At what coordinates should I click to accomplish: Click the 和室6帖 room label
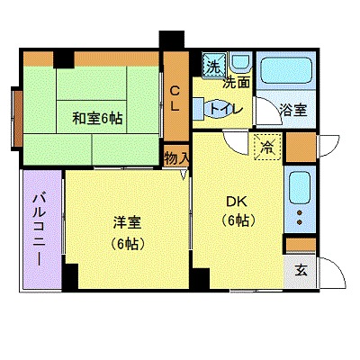click(x=98, y=116)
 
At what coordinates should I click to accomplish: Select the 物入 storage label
click(x=176, y=157)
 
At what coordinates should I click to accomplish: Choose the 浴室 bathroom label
click(x=292, y=111)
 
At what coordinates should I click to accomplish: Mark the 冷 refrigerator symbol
click(x=266, y=145)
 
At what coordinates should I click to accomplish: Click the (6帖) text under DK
click(x=238, y=220)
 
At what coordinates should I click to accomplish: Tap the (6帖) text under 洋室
click(x=127, y=243)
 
